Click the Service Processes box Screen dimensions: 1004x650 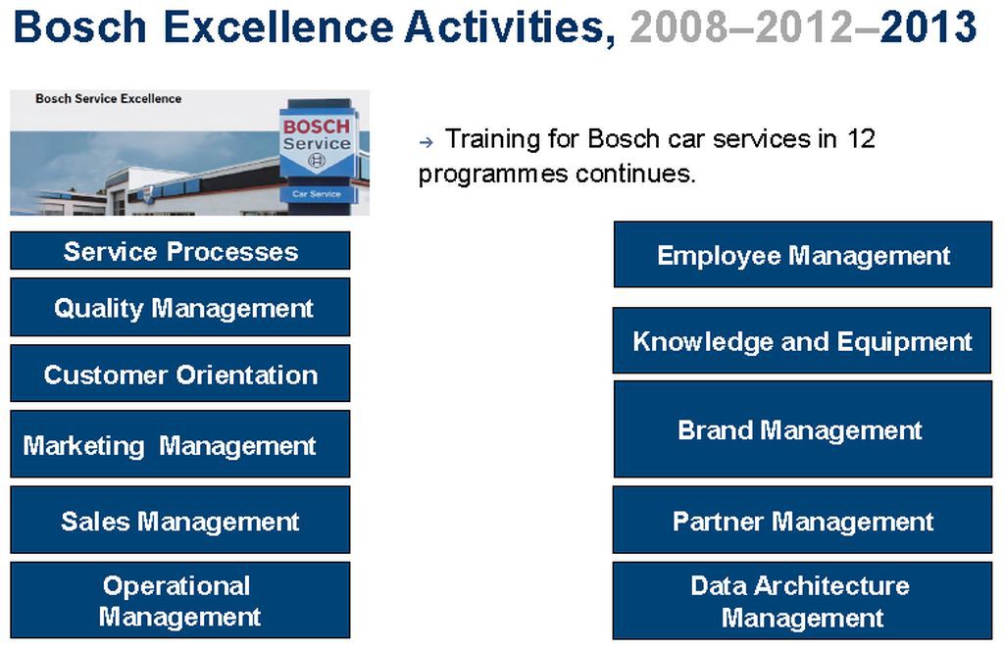(x=180, y=250)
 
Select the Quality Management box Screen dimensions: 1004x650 (x=180, y=307)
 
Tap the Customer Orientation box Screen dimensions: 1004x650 (x=180, y=374)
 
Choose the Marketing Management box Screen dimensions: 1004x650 (x=180, y=444)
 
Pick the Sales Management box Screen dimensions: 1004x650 (x=180, y=520)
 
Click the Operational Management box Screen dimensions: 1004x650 (x=180, y=600)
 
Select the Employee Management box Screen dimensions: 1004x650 (x=803, y=254)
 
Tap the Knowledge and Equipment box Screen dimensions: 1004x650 (x=802, y=340)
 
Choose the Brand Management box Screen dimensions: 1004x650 (x=803, y=429)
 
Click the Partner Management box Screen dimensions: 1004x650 (x=802, y=520)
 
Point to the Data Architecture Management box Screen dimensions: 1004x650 (x=802, y=601)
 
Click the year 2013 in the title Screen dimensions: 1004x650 (x=929, y=26)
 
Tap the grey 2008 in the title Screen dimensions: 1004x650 (x=678, y=26)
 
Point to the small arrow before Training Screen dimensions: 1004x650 (x=426, y=142)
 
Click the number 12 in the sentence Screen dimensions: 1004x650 (x=861, y=138)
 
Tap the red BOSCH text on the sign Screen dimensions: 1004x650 (x=317, y=126)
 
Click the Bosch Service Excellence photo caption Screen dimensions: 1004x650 (x=108, y=99)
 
